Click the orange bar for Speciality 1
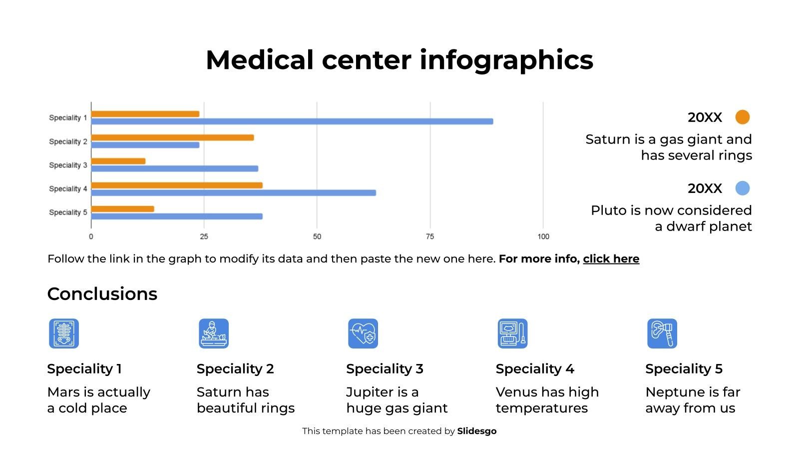coord(145,114)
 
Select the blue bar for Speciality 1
coord(292,121)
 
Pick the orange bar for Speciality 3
coord(118,161)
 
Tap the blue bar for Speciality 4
coord(233,193)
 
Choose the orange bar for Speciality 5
coord(122,209)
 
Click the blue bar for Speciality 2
coord(145,145)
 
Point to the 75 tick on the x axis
coord(430,236)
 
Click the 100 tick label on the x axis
coord(543,236)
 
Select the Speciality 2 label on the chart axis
coord(68,141)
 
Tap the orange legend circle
coord(743,117)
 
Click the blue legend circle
coord(743,188)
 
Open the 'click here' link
coord(611,259)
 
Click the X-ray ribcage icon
coord(64,333)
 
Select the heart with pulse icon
coord(363,333)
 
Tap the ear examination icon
coord(662,333)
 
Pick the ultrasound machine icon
coord(512,333)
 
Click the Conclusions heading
coord(102,294)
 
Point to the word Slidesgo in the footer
coord(476,431)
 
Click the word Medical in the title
coord(259,60)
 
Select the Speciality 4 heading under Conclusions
coord(535,369)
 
